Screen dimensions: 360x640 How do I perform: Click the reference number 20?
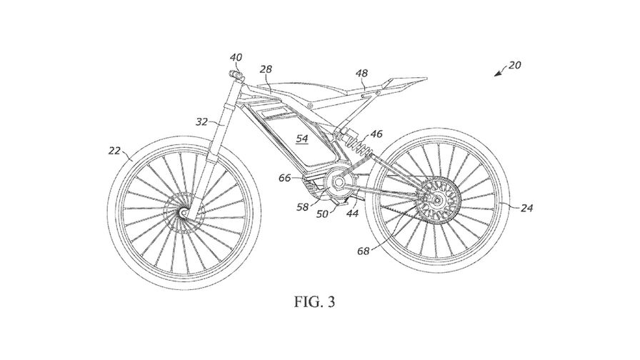coord(515,65)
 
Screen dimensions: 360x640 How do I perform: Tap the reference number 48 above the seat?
coord(362,73)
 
